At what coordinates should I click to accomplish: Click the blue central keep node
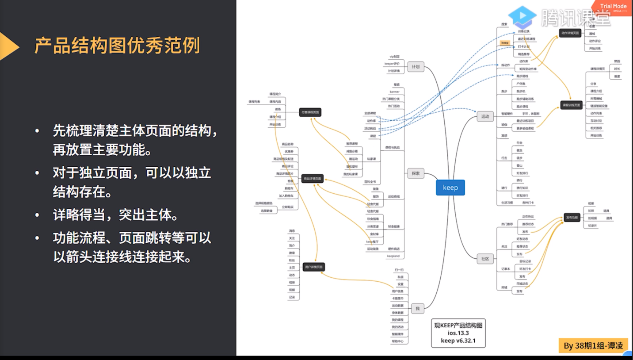tap(450, 188)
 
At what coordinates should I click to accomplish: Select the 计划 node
tap(416, 67)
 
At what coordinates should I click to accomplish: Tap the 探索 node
tap(416, 173)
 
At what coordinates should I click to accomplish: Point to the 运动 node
tap(485, 117)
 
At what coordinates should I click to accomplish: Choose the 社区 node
tap(485, 259)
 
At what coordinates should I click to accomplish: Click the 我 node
tap(417, 308)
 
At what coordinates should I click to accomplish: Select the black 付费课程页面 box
tap(310, 112)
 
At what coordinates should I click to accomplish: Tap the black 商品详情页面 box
tap(313, 179)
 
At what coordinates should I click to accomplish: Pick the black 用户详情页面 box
tap(314, 267)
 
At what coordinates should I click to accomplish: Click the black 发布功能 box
tap(572, 218)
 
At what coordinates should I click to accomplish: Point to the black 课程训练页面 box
tap(571, 105)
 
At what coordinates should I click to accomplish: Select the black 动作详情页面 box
tap(570, 33)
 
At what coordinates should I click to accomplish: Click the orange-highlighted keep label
tap(505, 43)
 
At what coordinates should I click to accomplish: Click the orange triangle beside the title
tap(8, 46)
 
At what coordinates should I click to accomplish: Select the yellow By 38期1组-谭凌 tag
tap(593, 345)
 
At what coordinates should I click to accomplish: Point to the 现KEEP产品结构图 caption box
tap(458, 333)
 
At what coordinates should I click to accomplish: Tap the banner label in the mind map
tap(395, 92)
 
